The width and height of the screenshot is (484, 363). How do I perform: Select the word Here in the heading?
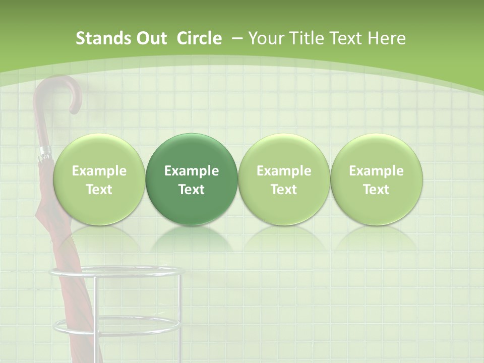pos(387,38)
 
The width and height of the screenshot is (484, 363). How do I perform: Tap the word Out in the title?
pos(149,38)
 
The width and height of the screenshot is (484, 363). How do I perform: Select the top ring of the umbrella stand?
pos(115,273)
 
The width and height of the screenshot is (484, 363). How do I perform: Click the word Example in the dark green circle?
pos(192,171)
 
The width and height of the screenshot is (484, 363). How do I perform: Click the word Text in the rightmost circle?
pos(376,190)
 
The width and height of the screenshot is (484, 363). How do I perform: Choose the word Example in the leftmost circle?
pos(99,171)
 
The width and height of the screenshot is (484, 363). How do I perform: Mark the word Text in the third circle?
pos(284,190)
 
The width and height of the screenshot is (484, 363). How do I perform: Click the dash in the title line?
pos(235,38)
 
